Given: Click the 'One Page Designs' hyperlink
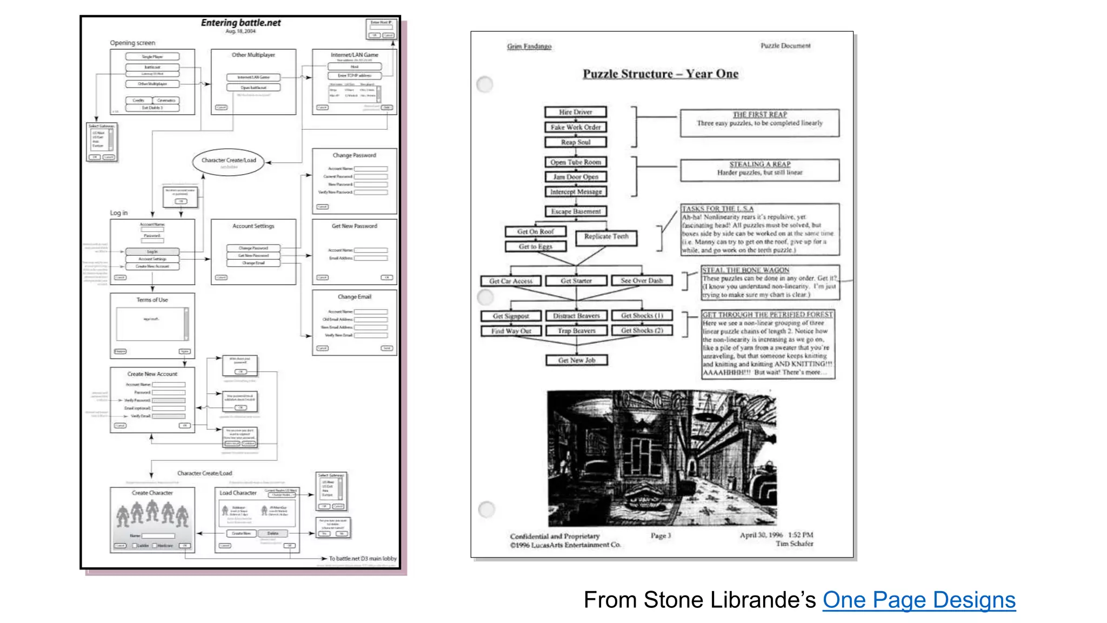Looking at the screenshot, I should coord(919,600).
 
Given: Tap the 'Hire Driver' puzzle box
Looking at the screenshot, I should coord(575,112).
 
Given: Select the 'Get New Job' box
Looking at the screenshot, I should coord(576,360).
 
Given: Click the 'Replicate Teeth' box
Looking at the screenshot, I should coord(606,237).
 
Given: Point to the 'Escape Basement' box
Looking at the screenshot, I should coord(576,211).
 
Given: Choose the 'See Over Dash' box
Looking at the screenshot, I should coord(642,281).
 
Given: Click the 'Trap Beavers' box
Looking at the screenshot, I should coord(577,330).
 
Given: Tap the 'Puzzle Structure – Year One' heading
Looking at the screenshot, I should coord(661,74).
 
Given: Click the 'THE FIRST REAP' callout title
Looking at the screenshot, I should coord(759,115).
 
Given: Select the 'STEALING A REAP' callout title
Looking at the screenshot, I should coord(759,164).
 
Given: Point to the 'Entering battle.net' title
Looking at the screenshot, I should coord(241,23).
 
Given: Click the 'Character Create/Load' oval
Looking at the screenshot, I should coord(229,161).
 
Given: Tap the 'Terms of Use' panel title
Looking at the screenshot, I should coord(152,300).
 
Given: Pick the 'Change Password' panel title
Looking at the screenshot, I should coord(354,155).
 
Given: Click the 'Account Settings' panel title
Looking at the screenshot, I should coord(253,226).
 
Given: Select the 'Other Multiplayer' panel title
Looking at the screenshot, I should coord(253,55).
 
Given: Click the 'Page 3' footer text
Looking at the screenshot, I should coord(661,535).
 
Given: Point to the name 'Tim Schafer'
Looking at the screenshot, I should coord(794,544).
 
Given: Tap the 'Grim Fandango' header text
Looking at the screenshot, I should coord(529,47).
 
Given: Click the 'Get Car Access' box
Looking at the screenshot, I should coord(511,281).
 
